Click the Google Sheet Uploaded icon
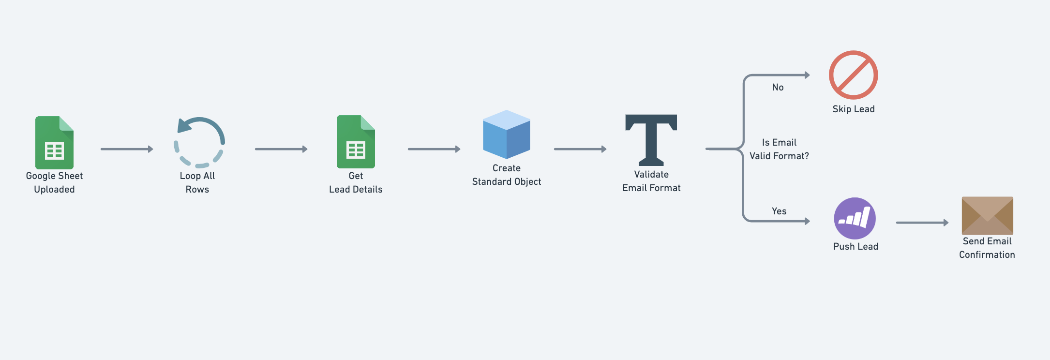coord(54,142)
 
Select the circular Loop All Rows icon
coord(199,142)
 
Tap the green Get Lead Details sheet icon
coord(356,142)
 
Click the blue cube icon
coord(507,135)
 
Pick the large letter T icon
coord(651,140)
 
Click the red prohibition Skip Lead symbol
coord(854,75)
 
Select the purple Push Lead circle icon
coord(855,218)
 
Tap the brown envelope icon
coord(987,215)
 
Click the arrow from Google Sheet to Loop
coord(127,149)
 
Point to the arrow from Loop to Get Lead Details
coord(281,149)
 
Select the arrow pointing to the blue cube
coord(434,149)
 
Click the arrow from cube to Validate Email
coord(580,149)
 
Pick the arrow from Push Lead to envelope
coord(922,223)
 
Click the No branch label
coord(778,88)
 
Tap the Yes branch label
coord(779,211)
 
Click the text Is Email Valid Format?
coord(779,149)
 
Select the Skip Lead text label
coord(854,109)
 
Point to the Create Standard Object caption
coord(507,175)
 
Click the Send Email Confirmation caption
coord(987,248)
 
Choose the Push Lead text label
coord(855,247)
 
